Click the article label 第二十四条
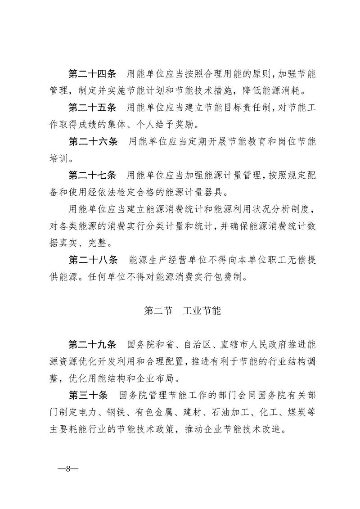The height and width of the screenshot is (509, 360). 92,74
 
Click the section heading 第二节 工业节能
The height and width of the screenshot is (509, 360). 182,311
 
